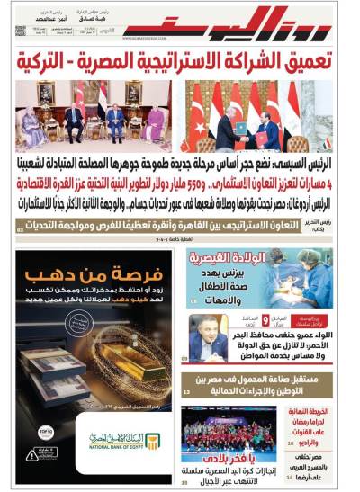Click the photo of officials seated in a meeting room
[x=94, y=116]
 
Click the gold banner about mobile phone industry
[x=261, y=384]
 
